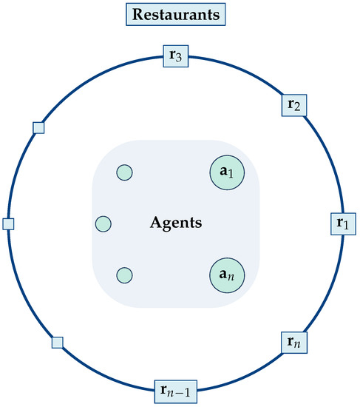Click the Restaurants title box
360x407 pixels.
click(x=176, y=14)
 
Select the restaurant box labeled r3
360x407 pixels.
click(x=176, y=56)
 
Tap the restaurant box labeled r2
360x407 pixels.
click(x=294, y=105)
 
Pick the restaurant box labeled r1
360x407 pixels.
click(x=343, y=224)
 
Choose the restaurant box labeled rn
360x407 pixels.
click(x=294, y=343)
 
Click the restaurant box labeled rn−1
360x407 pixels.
click(x=176, y=391)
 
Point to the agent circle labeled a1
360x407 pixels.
click(x=227, y=172)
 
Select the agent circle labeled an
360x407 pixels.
click(x=227, y=275)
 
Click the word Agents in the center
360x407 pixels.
click(x=176, y=223)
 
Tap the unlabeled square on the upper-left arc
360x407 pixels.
click(x=38, y=128)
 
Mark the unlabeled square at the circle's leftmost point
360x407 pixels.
click(x=8, y=224)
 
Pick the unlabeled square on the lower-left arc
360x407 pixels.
click(x=58, y=343)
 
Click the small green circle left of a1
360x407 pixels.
click(x=124, y=172)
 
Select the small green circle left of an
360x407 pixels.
click(x=124, y=275)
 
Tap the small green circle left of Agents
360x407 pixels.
click(x=103, y=223)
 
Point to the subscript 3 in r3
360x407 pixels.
click(x=178, y=58)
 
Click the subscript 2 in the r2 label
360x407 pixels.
click(x=297, y=107)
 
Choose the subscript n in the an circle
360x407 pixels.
click(x=231, y=277)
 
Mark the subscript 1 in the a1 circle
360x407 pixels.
click(x=231, y=174)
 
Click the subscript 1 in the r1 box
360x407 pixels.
click(x=346, y=226)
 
